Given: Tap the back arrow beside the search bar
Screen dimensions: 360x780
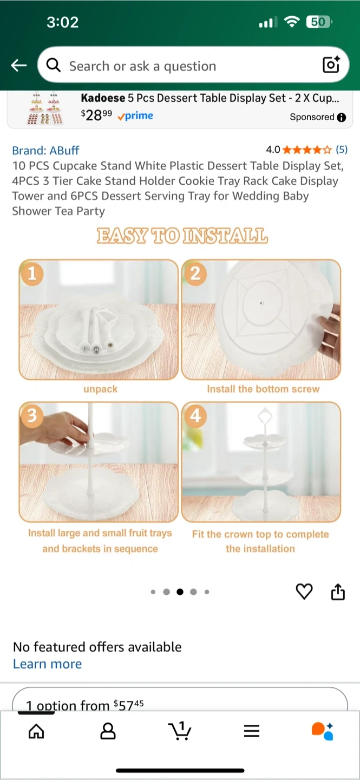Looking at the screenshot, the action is pos(19,65).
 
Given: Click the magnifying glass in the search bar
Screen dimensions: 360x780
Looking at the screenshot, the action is pos(54,65).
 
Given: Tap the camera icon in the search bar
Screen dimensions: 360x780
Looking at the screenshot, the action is pos(331,64).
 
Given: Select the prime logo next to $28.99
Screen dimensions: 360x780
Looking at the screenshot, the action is pos(135,116).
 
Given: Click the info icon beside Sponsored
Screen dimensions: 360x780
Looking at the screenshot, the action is pos(342,118).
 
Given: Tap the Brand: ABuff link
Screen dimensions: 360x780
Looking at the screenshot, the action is pos(45,151).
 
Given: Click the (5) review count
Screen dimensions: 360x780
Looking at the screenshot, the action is pos(342,149).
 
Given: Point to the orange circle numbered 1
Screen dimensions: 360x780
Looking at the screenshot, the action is pos(32,274).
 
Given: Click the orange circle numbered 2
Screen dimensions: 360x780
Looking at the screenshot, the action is pos(195,274).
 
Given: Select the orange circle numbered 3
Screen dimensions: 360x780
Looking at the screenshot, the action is pos(32,416).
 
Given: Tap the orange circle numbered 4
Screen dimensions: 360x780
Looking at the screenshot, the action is pos(195,416).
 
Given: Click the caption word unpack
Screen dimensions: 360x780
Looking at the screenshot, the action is pos(100,389).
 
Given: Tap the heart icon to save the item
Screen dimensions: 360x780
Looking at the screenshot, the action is pos(304,591).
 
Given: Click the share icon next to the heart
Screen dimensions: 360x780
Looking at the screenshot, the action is pos(338,591).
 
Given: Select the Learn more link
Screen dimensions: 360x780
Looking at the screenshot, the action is pos(47,664).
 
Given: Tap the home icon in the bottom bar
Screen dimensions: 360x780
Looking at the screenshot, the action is pos(36,731).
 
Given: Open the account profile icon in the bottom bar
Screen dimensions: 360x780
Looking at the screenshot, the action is pos(108,731).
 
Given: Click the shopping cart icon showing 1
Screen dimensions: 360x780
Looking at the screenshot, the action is pos(180,731).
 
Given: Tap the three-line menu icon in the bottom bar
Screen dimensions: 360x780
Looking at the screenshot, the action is pos(252,731).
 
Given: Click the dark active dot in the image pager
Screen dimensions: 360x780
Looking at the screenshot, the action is pos(180,591).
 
